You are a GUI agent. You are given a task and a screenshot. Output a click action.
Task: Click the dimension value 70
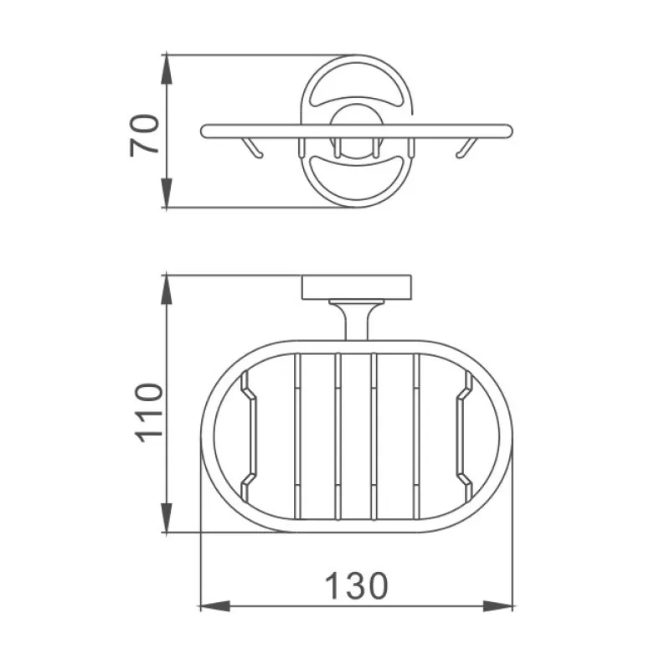point(145,135)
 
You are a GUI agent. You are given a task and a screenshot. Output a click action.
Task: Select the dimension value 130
point(357,586)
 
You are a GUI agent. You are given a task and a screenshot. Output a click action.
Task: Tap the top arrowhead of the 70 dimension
point(167,70)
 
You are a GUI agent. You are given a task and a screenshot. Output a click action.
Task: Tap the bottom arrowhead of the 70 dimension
point(167,193)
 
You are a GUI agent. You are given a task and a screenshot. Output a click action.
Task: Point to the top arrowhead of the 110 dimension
point(167,290)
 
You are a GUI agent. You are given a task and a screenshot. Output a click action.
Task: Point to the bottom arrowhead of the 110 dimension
point(167,518)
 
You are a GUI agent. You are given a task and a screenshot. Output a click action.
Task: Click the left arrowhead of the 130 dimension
point(215,606)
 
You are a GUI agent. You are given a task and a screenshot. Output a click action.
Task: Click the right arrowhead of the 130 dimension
point(497,606)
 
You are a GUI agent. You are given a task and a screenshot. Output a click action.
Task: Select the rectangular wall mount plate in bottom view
point(357,287)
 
